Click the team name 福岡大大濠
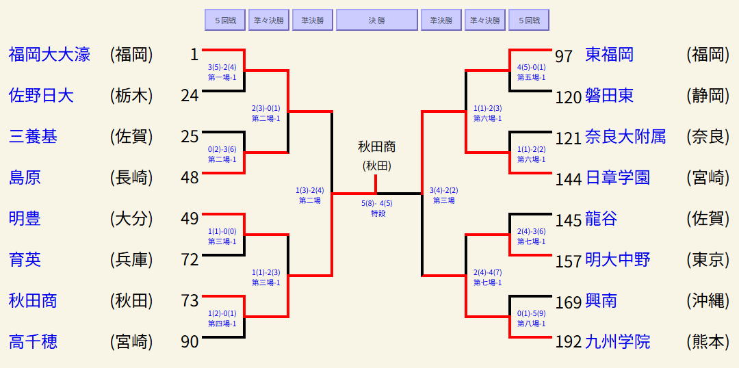click(x=49, y=55)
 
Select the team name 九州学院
click(x=617, y=341)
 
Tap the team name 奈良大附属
click(x=625, y=137)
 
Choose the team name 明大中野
click(x=617, y=260)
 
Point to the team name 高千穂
click(x=33, y=341)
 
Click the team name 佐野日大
click(x=41, y=96)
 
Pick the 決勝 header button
click(x=376, y=21)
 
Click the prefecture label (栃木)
click(x=131, y=96)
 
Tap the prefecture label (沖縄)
click(x=708, y=301)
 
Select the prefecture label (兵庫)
click(x=131, y=260)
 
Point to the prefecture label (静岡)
click(x=708, y=96)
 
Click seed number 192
click(x=569, y=342)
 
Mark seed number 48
click(x=190, y=178)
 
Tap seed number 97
click(x=564, y=56)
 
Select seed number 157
click(x=569, y=261)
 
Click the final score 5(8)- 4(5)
click(x=376, y=203)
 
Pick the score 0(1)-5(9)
click(x=531, y=314)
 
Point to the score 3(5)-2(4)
click(x=222, y=67)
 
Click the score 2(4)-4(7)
click(x=487, y=272)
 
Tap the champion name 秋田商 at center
click(x=376, y=147)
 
